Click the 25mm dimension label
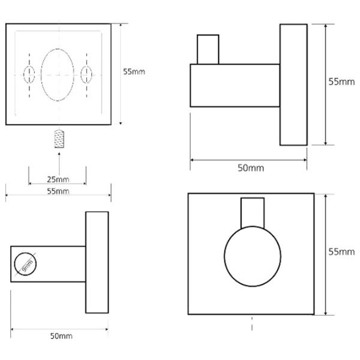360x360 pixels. (58, 179)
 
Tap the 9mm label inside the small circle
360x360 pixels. (28, 266)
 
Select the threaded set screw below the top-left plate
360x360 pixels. (59, 139)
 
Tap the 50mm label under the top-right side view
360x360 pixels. (251, 168)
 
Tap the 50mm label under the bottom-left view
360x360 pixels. (61, 336)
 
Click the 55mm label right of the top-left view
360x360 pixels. (134, 71)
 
